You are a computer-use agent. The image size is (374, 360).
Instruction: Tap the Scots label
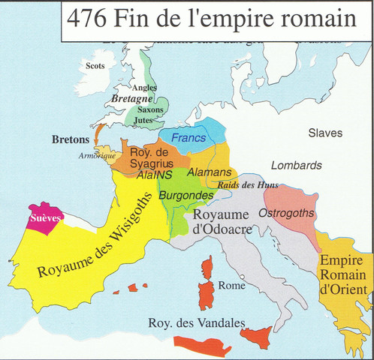pyautogui.click(x=96, y=65)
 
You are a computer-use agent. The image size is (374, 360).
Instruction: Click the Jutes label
pyautogui.click(x=144, y=120)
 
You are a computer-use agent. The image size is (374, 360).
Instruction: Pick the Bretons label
pyautogui.click(x=71, y=139)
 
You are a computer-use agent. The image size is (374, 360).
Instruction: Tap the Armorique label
pyautogui.click(x=94, y=156)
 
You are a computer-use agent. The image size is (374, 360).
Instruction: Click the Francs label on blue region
pyautogui.click(x=189, y=138)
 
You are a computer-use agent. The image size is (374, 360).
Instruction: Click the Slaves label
pyautogui.click(x=325, y=133)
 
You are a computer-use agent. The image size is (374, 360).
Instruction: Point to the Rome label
pyautogui.click(x=231, y=286)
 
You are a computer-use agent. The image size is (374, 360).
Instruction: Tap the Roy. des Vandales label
pyautogui.click(x=197, y=323)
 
